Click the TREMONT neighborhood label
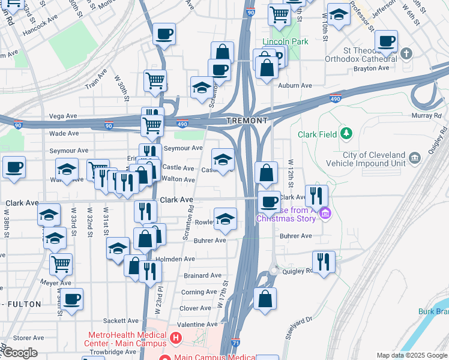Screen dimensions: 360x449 [x=247, y=121]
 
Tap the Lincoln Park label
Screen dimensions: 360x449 [x=285, y=43]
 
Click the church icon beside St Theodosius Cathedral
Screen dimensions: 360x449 [x=406, y=54]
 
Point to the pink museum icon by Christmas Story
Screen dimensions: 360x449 [x=325, y=213]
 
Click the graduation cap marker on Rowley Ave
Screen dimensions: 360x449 [x=225, y=219]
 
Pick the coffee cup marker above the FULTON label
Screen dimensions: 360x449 [x=71, y=299]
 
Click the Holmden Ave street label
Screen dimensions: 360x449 [x=175, y=259]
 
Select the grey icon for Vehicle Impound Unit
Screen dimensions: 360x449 [x=415, y=158]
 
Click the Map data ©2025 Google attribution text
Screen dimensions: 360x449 [x=411, y=355]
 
